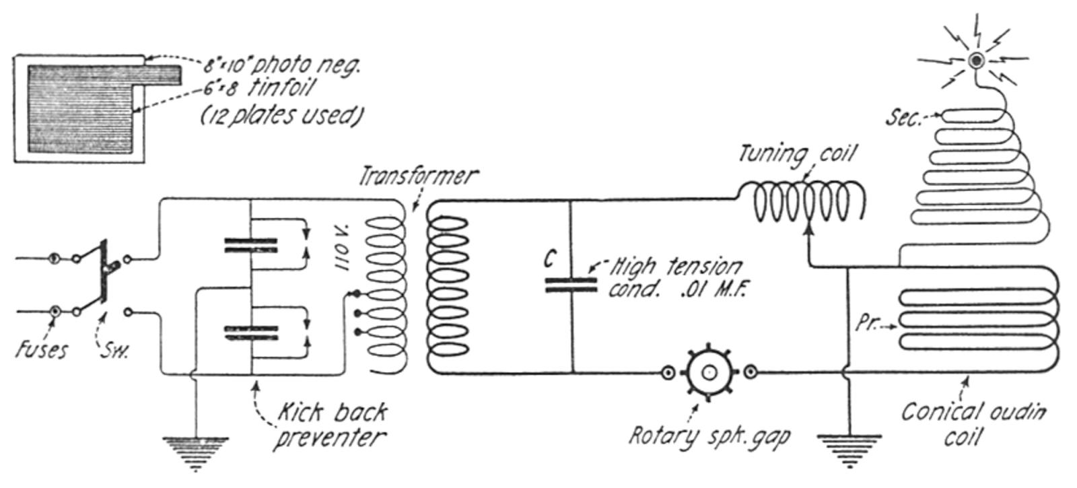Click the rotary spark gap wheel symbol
click(709, 373)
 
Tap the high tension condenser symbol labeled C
click(571, 285)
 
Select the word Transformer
click(418, 176)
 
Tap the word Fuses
click(42, 349)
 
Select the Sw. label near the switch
click(114, 351)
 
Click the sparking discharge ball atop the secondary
click(977, 60)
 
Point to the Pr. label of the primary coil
click(866, 324)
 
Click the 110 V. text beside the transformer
click(343, 247)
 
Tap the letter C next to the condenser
click(550, 260)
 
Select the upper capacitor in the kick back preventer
click(250, 245)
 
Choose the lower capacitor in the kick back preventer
click(251, 333)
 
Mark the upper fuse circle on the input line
click(55, 258)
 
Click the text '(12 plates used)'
click(281, 116)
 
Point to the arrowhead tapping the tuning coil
click(809, 230)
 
